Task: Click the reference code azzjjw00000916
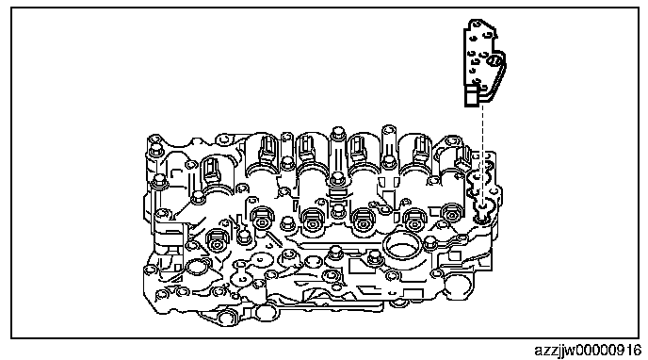point(588,351)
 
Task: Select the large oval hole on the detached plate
point(495,61)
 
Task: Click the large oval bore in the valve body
point(399,248)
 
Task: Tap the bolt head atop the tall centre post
point(338,133)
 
